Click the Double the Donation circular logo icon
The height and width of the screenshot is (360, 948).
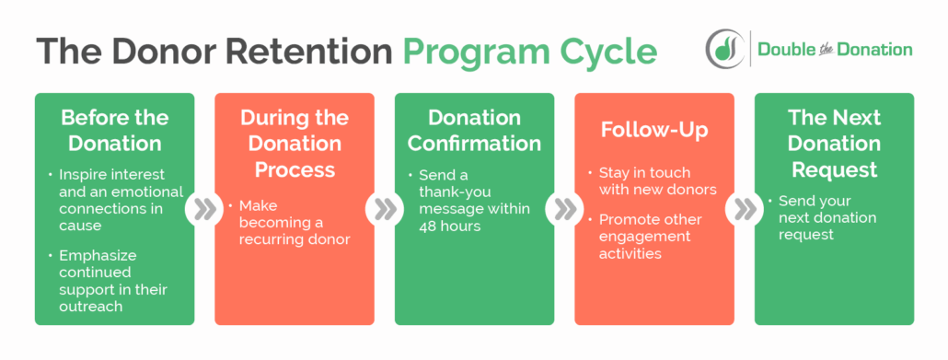point(725,48)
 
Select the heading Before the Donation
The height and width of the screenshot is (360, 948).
point(115,131)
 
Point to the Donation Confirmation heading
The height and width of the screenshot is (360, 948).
point(474,131)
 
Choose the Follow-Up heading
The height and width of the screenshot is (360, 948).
point(653,130)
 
